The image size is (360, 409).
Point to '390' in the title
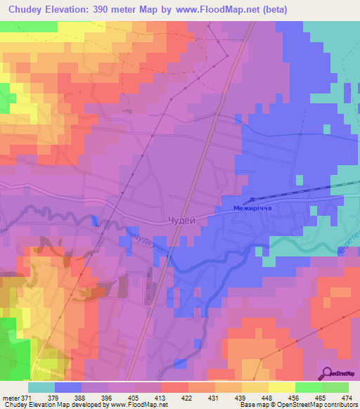click(x=105, y=9)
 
